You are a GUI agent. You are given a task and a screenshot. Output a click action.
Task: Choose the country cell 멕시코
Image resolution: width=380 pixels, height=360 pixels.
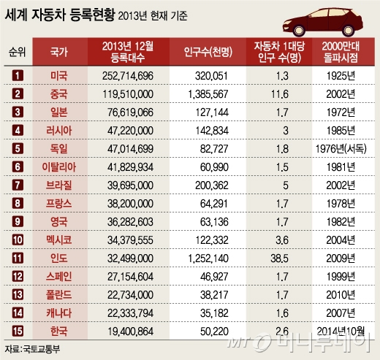click(x=59, y=239)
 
